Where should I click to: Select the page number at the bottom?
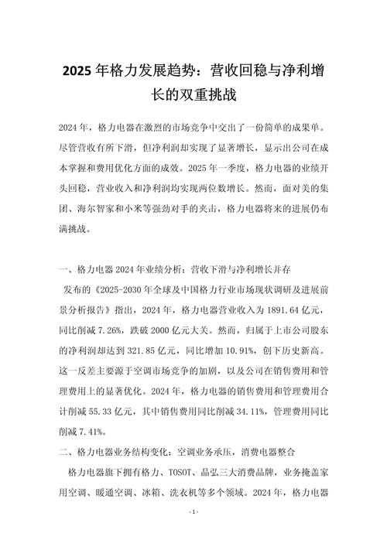point(193,514)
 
